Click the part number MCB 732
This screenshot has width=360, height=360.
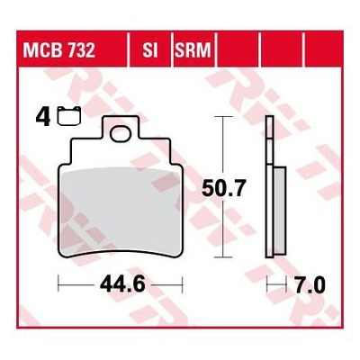pyautogui.click(x=59, y=50)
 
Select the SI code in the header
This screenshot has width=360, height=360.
pyautogui.click(x=150, y=50)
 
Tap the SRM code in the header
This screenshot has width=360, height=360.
pyautogui.click(x=193, y=50)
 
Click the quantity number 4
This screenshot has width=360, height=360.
pyautogui.click(x=42, y=118)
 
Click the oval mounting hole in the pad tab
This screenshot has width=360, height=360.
pyautogui.click(x=121, y=134)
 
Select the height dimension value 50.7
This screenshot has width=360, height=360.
pyautogui.click(x=224, y=188)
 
